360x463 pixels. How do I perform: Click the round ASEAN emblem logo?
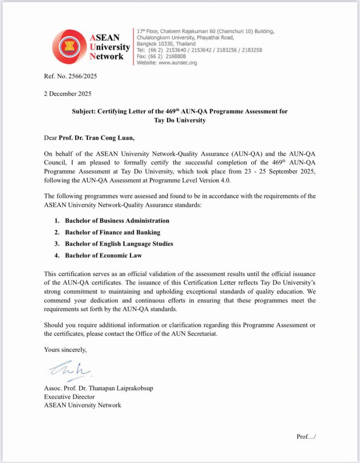(x=70, y=48)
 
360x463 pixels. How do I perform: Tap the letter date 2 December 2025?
(x=68, y=94)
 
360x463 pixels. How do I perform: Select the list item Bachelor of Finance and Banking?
(x=112, y=232)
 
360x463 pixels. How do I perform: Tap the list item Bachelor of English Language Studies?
(x=119, y=244)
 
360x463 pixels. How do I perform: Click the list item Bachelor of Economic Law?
(x=104, y=255)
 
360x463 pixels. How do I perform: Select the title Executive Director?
(x=69, y=397)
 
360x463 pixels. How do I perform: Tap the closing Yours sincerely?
(x=65, y=349)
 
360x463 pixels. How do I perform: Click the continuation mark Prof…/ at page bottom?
(x=306, y=437)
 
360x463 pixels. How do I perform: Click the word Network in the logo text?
(x=107, y=56)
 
